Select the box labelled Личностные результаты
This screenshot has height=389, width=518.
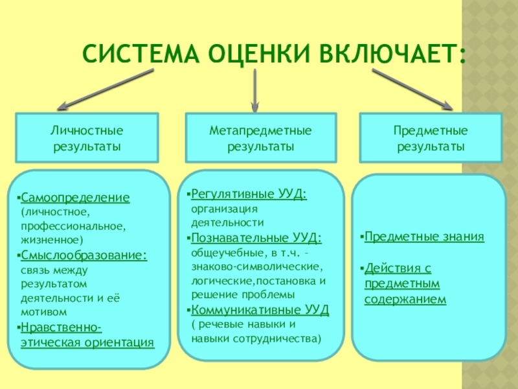(x=87, y=139)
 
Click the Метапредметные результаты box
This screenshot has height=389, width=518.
(x=260, y=139)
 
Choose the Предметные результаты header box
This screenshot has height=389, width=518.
(x=431, y=139)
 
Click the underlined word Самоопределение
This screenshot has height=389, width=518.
(x=74, y=196)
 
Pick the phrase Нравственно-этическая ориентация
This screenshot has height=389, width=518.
(x=87, y=335)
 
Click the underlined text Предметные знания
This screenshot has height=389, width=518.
(x=424, y=237)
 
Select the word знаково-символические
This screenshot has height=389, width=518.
(x=256, y=266)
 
